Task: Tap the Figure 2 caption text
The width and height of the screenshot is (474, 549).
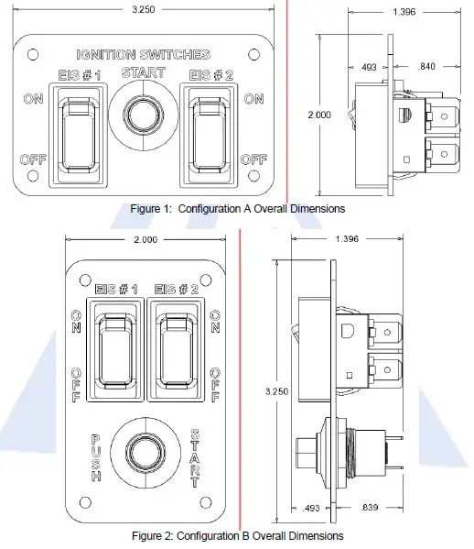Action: [x=237, y=535]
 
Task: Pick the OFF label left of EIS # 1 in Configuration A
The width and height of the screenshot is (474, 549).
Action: [x=32, y=159]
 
